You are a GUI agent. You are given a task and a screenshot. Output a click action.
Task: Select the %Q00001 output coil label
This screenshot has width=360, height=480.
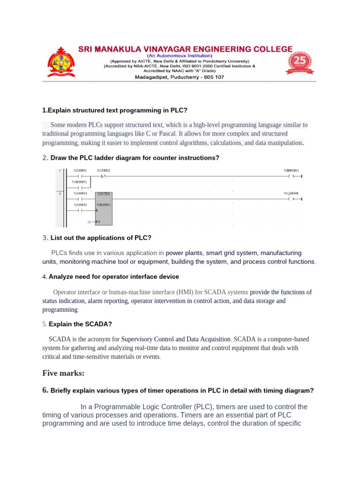coord(291,193)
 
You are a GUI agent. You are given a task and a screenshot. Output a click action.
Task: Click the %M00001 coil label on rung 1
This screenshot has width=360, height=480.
coord(291,170)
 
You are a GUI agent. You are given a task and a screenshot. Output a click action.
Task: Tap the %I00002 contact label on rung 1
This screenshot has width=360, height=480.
coord(104,170)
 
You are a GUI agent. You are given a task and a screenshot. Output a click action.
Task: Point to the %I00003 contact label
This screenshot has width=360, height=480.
coord(80,193)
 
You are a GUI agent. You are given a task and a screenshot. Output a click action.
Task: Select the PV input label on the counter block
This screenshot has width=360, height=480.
coord(98,221)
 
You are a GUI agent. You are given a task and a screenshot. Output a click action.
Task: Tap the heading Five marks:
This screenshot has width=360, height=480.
coord(63,373)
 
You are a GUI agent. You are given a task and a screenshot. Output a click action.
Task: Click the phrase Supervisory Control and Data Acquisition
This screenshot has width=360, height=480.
coord(176,339)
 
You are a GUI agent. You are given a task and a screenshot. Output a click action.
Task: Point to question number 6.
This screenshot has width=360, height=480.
coord(45,390)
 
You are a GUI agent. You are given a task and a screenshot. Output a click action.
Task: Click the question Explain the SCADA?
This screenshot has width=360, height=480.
coord(80,324)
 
